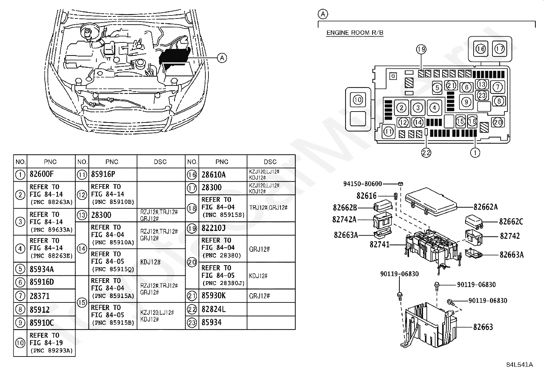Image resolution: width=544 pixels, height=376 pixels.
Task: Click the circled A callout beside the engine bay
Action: click(222, 58)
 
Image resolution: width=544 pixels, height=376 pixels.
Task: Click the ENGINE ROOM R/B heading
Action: click(355, 33)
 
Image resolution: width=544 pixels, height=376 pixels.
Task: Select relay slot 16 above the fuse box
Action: click(481, 49)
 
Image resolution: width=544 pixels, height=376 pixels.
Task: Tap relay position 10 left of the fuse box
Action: click(357, 100)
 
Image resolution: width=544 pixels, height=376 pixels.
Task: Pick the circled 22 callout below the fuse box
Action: click(426, 153)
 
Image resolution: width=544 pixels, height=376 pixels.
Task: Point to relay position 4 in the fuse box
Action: click(434, 108)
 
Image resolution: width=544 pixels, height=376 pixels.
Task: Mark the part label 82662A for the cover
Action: click(485, 207)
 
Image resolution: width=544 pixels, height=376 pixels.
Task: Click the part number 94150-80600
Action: click(362, 184)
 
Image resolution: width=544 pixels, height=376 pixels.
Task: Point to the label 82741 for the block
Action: click(379, 245)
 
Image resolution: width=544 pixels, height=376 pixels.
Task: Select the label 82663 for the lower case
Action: click(483, 327)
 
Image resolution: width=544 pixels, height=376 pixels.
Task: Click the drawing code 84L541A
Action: click(519, 365)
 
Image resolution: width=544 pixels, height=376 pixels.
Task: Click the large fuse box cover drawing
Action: click(431, 202)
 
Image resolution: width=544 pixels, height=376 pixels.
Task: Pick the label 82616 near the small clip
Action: click(366, 196)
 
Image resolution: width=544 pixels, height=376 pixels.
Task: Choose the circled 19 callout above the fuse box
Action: click(421, 50)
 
